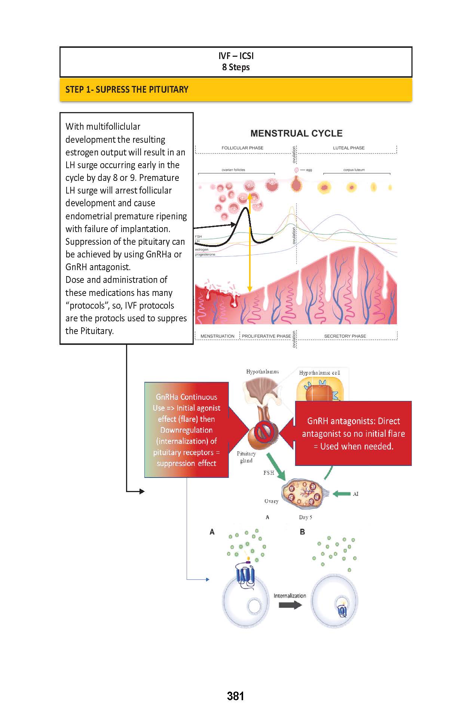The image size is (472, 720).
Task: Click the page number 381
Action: pos(235,696)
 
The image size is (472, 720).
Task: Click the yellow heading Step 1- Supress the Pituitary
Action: pos(127,90)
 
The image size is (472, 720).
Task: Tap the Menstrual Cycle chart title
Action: pos(296,133)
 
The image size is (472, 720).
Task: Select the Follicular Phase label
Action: pos(242,148)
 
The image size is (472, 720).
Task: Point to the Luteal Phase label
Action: pos(349,148)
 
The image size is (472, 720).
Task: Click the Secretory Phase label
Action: pos(345,336)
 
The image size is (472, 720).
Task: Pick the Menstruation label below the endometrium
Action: pos(217,336)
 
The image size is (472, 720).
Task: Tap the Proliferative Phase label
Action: pos(266,336)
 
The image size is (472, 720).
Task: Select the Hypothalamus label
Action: pos(262,372)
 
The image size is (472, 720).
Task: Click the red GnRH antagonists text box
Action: pos(353,433)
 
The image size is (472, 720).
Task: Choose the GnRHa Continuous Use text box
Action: pos(186,430)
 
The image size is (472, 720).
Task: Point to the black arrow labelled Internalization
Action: pos(290,605)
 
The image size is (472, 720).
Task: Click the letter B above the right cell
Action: pos(302,532)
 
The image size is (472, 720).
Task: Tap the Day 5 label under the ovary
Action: pos(305,517)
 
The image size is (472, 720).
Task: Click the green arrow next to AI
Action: pos(341,494)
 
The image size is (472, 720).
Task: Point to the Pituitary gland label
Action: pos(246,457)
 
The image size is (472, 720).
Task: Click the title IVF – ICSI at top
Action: pos(236,56)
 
